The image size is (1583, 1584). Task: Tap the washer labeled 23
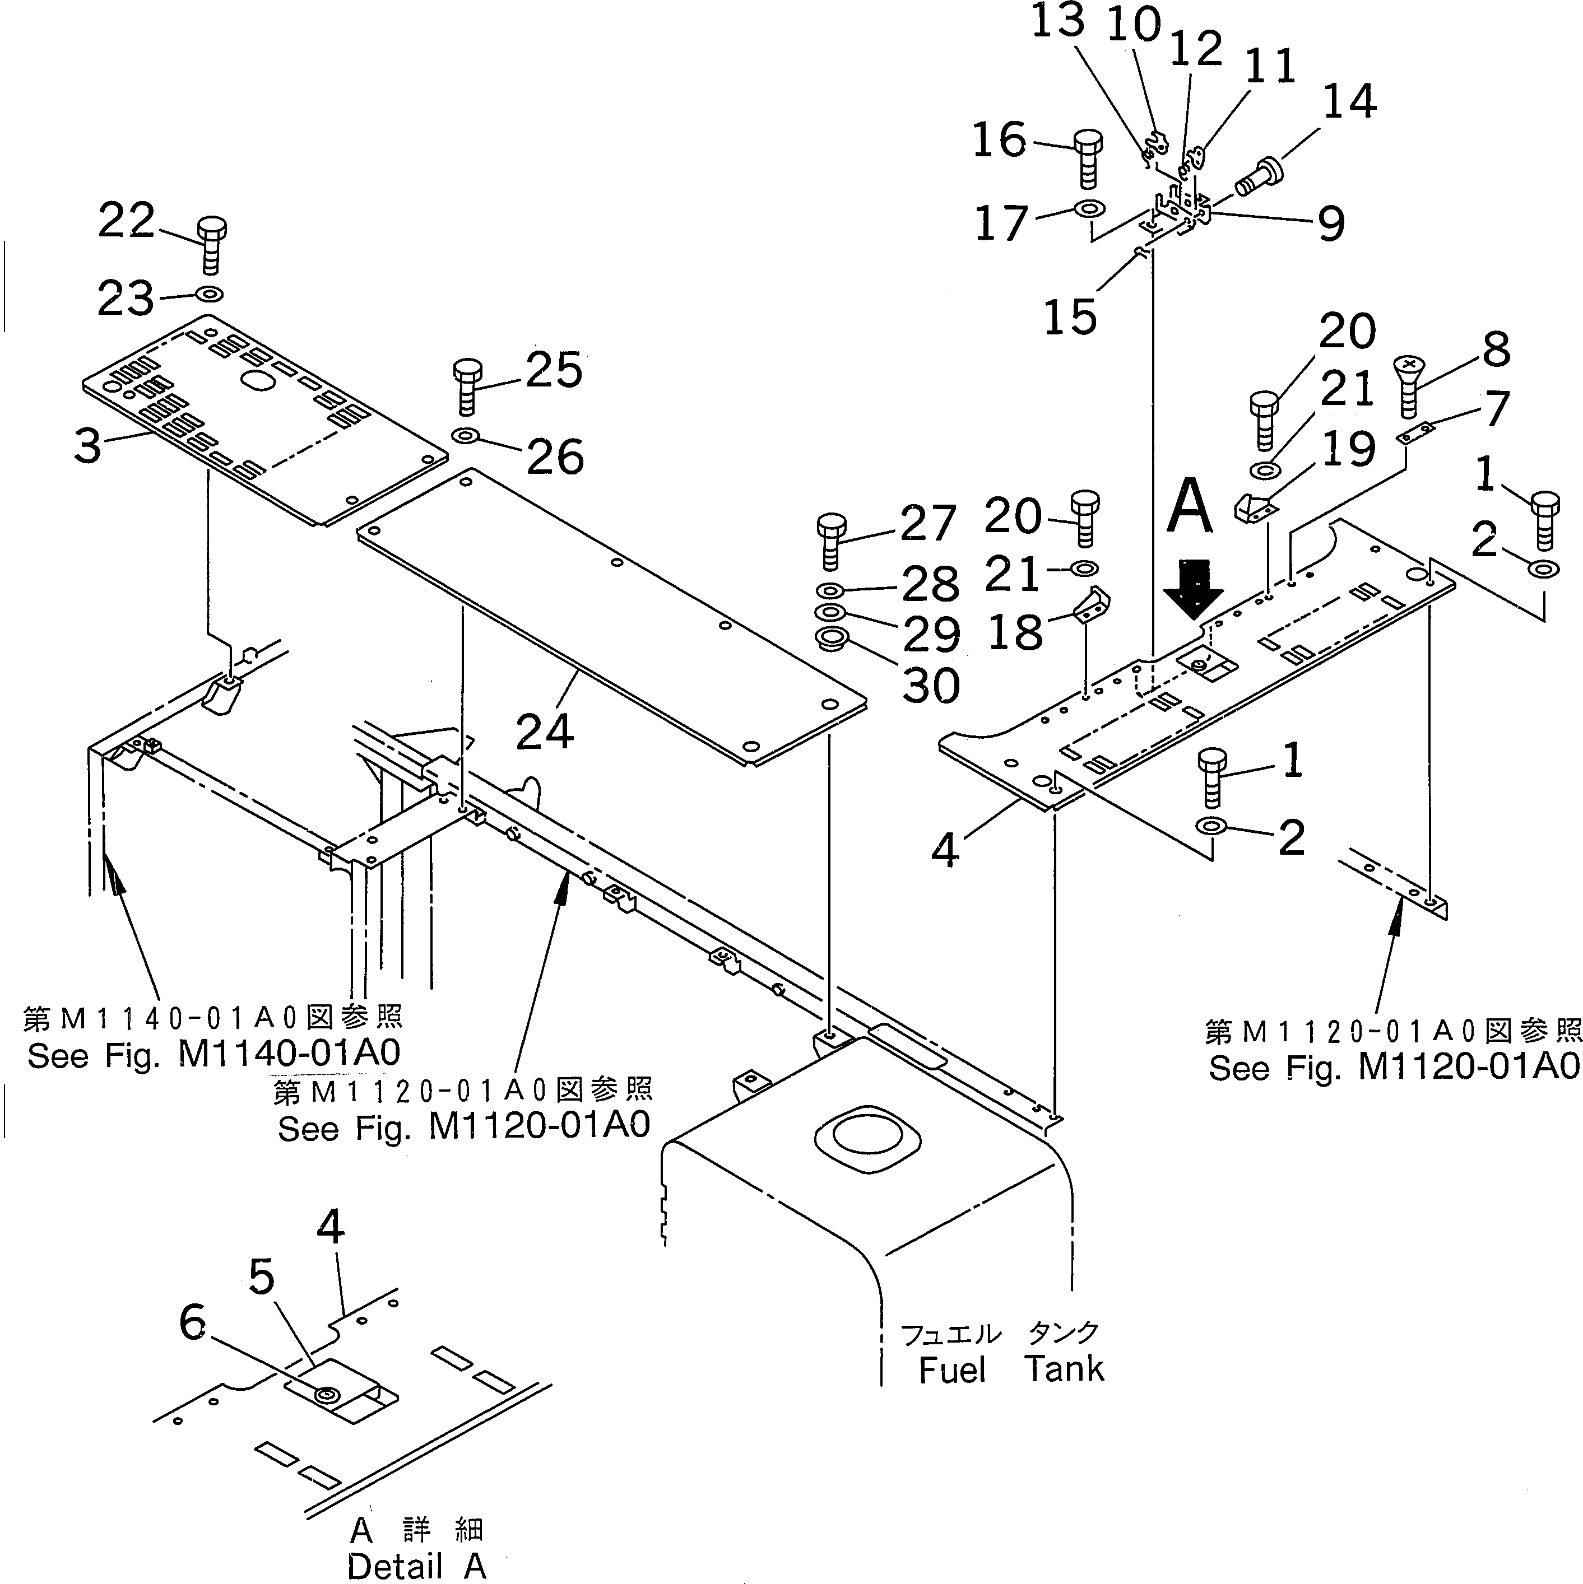[210, 293]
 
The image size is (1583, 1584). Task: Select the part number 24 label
[545, 732]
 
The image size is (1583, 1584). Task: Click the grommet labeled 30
[830, 638]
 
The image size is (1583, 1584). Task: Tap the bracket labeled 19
[1255, 506]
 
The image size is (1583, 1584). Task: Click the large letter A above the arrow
[1189, 509]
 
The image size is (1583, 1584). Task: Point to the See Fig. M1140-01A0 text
[213, 1055]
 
